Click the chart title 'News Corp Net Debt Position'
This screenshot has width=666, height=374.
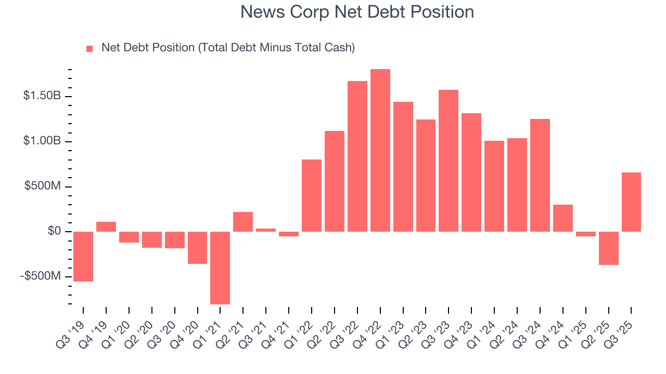[x=357, y=12]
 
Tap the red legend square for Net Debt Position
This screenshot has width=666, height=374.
[x=89, y=48]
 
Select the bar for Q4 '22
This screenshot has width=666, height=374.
[x=380, y=150]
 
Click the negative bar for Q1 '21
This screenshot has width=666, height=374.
[x=220, y=268]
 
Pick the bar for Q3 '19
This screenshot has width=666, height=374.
[x=83, y=257]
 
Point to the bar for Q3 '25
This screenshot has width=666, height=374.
[x=631, y=202]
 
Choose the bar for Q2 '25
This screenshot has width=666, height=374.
[x=608, y=248]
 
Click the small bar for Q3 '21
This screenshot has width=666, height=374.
[x=266, y=230]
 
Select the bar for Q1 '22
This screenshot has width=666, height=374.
[x=312, y=195]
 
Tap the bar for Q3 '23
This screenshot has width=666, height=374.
[x=449, y=161]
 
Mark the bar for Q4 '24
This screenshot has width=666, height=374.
[x=563, y=218]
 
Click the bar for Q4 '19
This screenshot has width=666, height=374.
[x=106, y=226]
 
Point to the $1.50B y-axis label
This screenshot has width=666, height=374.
[x=42, y=96]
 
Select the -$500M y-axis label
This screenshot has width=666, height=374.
[x=41, y=276]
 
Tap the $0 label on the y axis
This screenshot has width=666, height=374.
[x=54, y=231]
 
